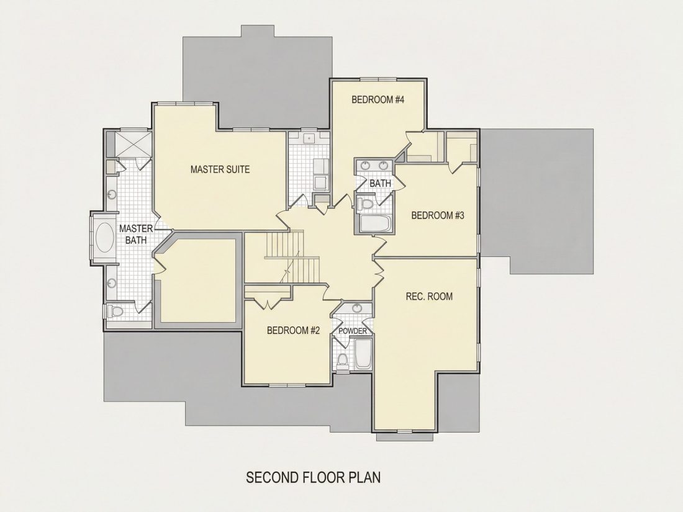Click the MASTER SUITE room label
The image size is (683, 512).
click(220, 169)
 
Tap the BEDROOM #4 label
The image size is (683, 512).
click(378, 100)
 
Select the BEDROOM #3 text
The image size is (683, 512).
click(438, 215)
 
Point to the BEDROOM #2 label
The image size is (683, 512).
click(293, 330)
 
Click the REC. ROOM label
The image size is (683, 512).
click(429, 297)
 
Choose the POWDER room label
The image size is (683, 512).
click(353, 331)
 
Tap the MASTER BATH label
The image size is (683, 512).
click(136, 234)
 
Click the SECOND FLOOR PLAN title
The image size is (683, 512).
click(313, 477)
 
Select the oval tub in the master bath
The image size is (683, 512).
click(104, 238)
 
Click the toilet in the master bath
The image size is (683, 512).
click(115, 312)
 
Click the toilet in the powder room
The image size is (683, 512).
click(343, 360)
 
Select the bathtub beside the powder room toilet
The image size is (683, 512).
click(363, 354)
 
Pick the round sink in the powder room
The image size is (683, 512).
click(357, 308)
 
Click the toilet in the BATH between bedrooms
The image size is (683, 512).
click(366, 204)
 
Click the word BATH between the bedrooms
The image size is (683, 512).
click(380, 183)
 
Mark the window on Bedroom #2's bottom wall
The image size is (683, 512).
click(287, 385)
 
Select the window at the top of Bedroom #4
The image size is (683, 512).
click(378, 79)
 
